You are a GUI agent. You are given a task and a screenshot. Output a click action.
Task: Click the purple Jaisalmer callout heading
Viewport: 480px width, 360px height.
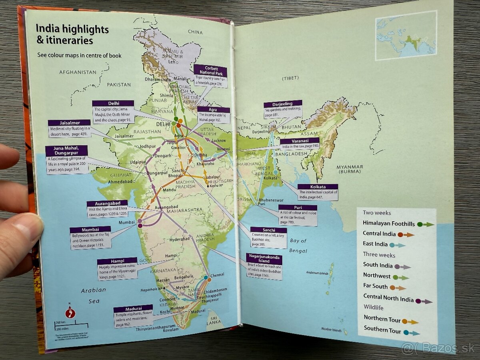(x=69, y=122)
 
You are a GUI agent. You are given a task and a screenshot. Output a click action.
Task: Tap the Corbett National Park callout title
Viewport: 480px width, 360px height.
(x=210, y=71)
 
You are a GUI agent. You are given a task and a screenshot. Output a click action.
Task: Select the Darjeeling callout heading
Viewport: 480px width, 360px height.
(x=283, y=104)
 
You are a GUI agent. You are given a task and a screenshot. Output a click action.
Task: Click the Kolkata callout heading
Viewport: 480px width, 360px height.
(x=318, y=187)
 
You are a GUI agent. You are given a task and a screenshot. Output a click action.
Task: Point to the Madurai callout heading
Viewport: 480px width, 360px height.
(x=133, y=309)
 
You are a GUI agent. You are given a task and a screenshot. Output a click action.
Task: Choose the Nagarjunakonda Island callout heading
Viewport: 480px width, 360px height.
(x=264, y=260)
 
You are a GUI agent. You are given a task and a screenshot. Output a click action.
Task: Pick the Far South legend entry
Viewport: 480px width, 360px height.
(x=384, y=287)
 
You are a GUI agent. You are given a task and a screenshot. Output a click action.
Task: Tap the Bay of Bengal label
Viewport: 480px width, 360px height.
(x=298, y=245)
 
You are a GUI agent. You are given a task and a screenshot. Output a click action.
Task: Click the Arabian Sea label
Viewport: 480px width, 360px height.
(x=93, y=296)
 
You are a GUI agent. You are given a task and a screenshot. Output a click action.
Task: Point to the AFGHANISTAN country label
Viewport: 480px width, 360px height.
(x=78, y=72)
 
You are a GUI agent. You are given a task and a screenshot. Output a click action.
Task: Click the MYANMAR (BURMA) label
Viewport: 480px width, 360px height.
(x=350, y=169)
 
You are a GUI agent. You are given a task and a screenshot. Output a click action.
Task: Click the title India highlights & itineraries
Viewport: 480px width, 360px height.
(x=72, y=34)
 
